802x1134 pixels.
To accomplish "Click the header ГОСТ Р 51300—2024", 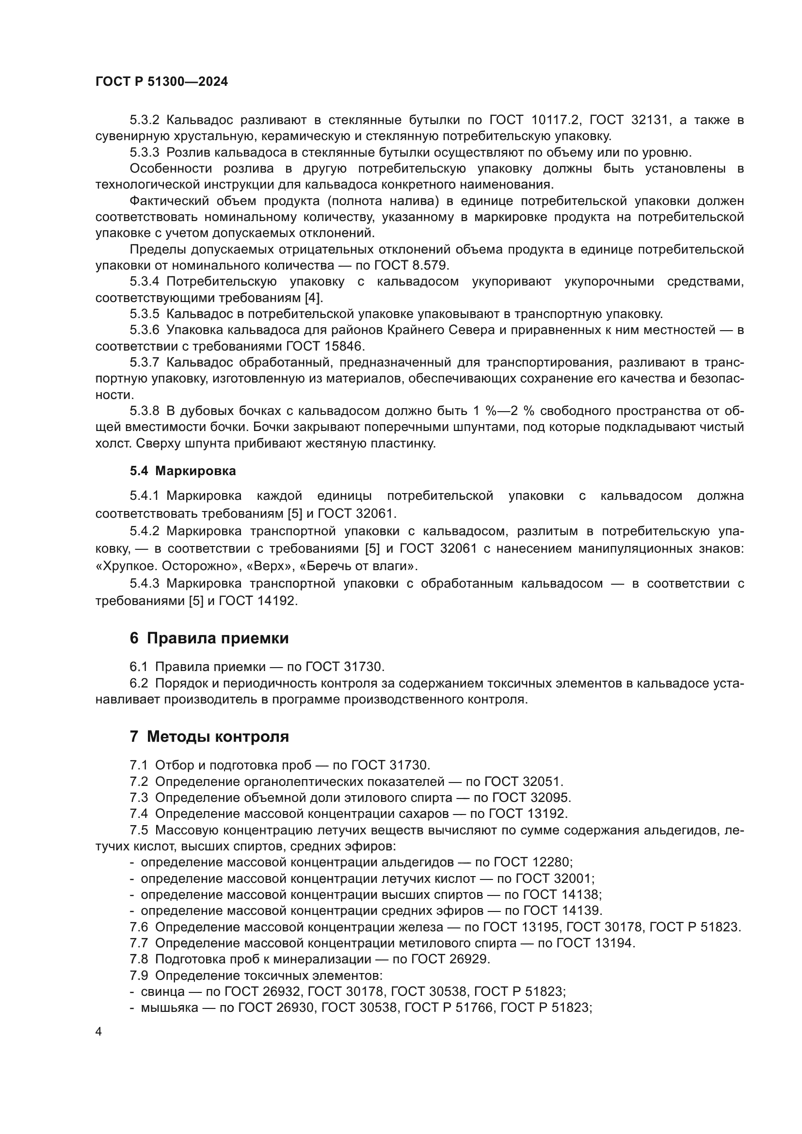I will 161,82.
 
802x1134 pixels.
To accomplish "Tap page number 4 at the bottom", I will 99,1032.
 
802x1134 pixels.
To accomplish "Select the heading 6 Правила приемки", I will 209,638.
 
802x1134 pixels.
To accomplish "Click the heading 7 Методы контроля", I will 209,736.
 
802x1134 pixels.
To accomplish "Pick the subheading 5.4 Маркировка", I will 183,471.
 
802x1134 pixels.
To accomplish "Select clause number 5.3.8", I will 144,411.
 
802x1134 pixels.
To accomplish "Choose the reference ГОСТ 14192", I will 258,601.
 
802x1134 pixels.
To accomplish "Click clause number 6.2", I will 139,683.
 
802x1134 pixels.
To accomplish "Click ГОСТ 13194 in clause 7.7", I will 595,943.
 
